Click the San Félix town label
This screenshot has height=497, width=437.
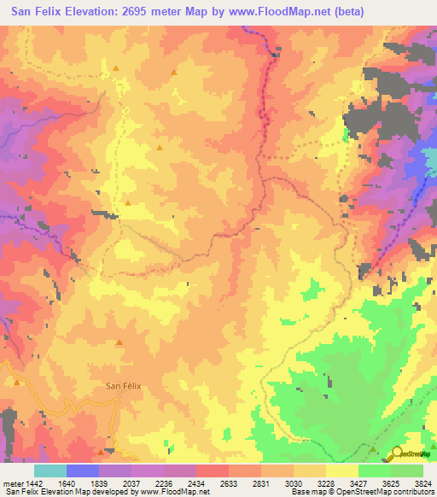pyautogui.click(x=122, y=385)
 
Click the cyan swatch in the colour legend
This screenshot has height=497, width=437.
pyautogui.click(x=50, y=471)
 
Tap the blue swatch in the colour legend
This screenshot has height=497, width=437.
pyautogui.click(x=83, y=471)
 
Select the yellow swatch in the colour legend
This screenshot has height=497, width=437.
pyautogui.click(x=341, y=471)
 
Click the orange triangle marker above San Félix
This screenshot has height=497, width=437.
pyautogui.click(x=119, y=343)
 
